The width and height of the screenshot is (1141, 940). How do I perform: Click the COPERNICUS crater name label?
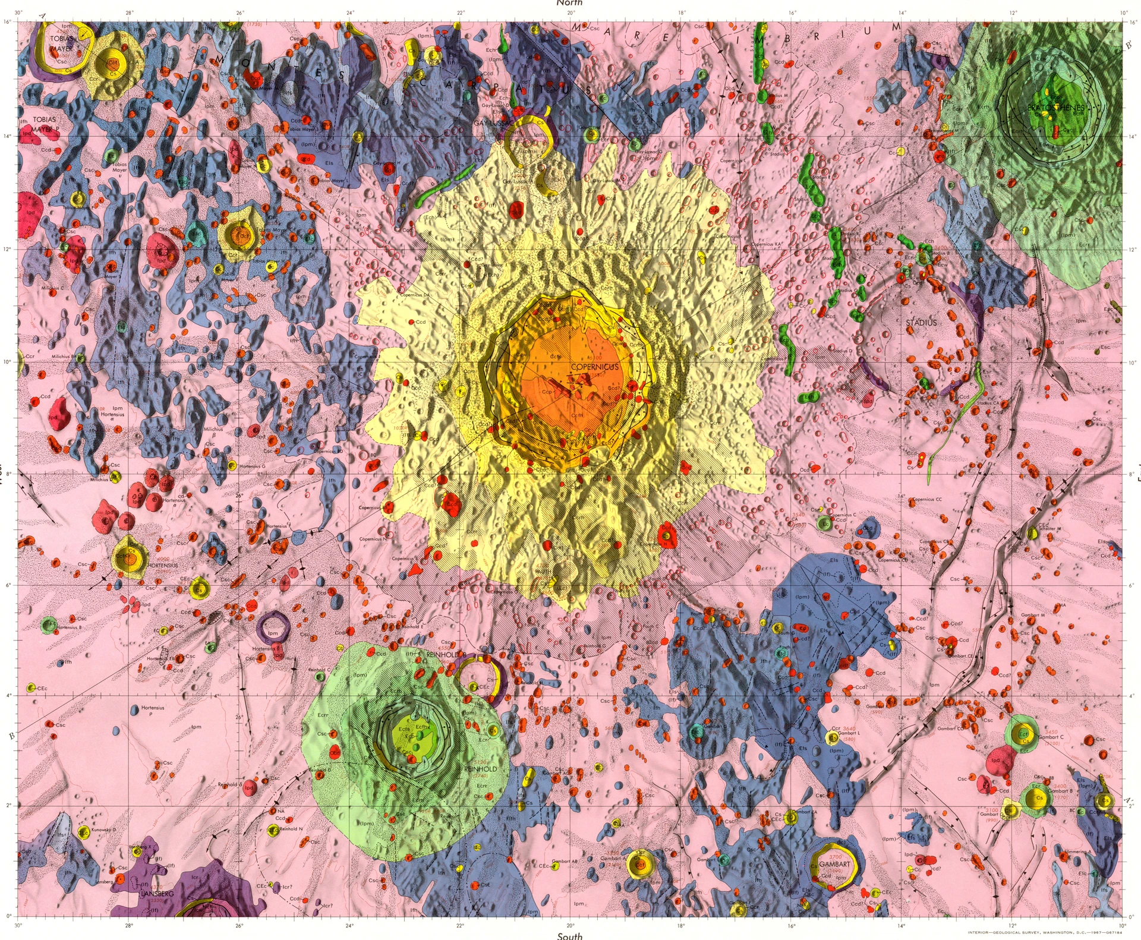[x=594, y=367]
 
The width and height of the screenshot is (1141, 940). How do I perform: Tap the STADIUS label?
[x=921, y=323]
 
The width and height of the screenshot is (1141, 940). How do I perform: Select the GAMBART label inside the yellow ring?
[x=835, y=865]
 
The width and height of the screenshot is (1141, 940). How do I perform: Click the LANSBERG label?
[x=157, y=894]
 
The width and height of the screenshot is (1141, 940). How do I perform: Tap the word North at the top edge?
[x=569, y=3]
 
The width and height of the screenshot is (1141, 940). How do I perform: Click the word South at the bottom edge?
[x=569, y=936]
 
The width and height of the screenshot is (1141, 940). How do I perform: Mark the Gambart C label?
[x=1051, y=737]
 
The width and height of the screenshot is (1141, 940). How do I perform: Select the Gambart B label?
[x=1060, y=791]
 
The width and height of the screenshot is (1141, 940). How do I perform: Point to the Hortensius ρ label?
[x=153, y=711]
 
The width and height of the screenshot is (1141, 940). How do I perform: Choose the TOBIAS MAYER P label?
[x=46, y=124]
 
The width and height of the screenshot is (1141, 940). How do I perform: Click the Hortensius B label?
[x=69, y=627]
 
